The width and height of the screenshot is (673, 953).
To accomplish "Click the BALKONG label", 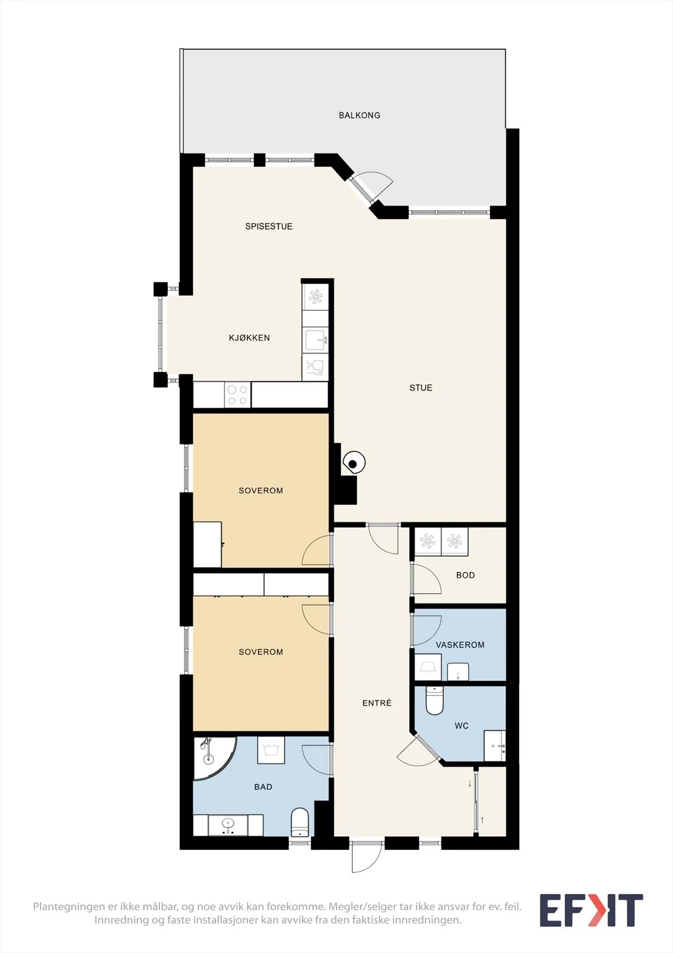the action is coord(359,116).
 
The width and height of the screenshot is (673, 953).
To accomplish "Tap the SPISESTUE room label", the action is coord(269,226).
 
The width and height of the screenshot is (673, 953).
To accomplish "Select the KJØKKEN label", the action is coord(249,338).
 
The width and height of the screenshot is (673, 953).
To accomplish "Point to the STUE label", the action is coord(421,388).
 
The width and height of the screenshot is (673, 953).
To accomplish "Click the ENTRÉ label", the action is coord(377,703).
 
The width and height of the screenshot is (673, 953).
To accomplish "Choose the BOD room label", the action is coord(465,575).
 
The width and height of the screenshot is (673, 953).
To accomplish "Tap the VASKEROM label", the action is coord(460,644).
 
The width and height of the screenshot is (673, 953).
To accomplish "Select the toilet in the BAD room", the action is coord(300,822).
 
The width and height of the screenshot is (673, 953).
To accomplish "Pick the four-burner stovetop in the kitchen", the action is coord(237,395).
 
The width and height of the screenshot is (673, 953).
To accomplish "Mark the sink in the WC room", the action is coord(495,746).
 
